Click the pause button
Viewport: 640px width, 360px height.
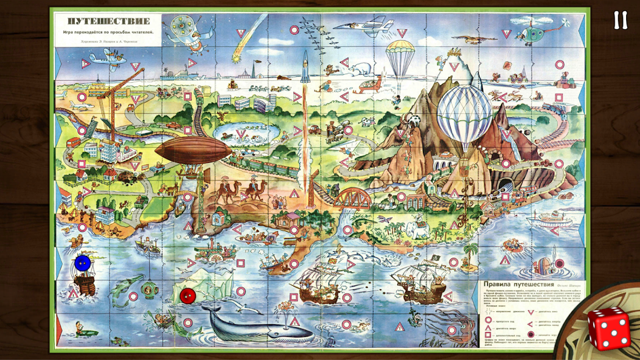pyautogui.click(x=620, y=20)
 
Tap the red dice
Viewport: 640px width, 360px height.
pyautogui.click(x=610, y=328)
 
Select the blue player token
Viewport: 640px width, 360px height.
pyautogui.click(x=82, y=263)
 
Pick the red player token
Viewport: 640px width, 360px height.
pyautogui.click(x=188, y=296)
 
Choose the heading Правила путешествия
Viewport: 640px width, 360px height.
pyautogui.click(x=517, y=284)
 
